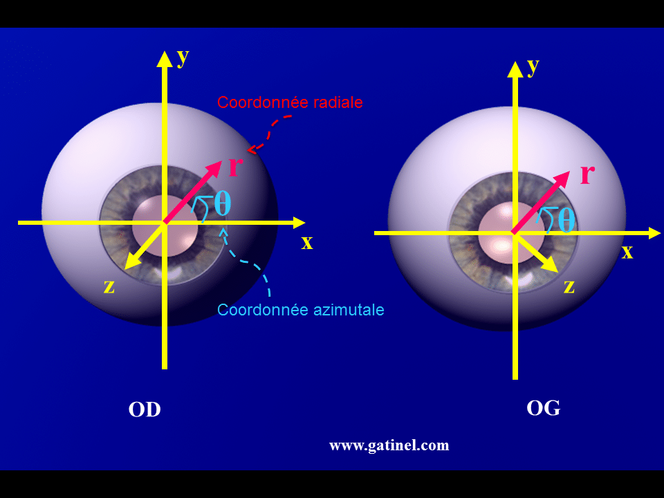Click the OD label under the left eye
pyautogui.click(x=145, y=409)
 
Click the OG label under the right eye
pyautogui.click(x=543, y=408)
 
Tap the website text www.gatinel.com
pyautogui.click(x=389, y=445)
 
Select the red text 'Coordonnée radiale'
pyautogui.click(x=290, y=102)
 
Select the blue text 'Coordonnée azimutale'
pyautogui.click(x=300, y=310)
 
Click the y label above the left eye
pyautogui.click(x=183, y=57)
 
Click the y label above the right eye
pyautogui.click(x=533, y=66)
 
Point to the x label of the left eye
pyautogui.click(x=307, y=242)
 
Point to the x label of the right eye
pyautogui.click(x=627, y=251)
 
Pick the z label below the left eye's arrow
pyautogui.click(x=109, y=286)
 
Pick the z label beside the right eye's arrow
pyautogui.click(x=569, y=286)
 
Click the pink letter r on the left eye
pyautogui.click(x=235, y=166)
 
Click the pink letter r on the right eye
pyautogui.click(x=587, y=173)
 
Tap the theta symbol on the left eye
pyautogui.click(x=222, y=203)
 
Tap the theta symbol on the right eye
pyautogui.click(x=566, y=219)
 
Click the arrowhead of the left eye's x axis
pyautogui.click(x=299, y=223)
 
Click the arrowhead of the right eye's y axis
pyautogui.click(x=515, y=68)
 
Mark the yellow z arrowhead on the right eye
pyautogui.click(x=551, y=265)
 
